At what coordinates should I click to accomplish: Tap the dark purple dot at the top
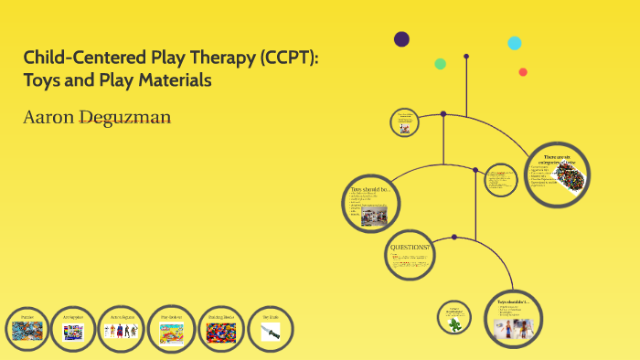click(x=401, y=38)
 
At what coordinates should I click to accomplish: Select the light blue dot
click(x=515, y=43)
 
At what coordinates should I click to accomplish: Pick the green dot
click(x=440, y=64)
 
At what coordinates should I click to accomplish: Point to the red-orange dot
click(x=523, y=72)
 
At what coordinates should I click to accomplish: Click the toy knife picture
click(x=271, y=333)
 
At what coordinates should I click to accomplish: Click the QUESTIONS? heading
click(x=408, y=248)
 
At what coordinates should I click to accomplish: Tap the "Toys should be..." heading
click(x=369, y=190)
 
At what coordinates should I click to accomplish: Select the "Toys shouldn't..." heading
click(x=513, y=302)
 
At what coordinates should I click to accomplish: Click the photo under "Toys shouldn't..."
click(x=513, y=328)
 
